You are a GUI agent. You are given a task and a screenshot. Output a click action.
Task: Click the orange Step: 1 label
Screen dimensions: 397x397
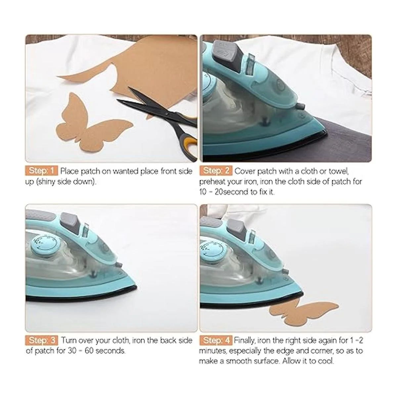tap(41, 171)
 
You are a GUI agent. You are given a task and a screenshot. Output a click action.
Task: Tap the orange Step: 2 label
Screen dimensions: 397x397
tap(216, 171)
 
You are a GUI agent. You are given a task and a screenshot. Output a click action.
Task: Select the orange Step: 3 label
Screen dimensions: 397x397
tap(41, 340)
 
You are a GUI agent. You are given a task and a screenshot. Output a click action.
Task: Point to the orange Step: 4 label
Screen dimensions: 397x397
tap(216, 340)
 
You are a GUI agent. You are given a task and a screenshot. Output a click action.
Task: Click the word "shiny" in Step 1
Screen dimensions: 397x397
tap(47, 182)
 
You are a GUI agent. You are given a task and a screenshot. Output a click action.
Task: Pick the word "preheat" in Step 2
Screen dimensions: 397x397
tap(212, 182)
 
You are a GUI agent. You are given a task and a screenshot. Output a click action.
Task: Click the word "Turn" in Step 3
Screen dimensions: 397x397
tap(69, 340)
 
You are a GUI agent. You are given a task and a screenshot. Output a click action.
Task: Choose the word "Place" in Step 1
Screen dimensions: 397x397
tap(70, 171)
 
